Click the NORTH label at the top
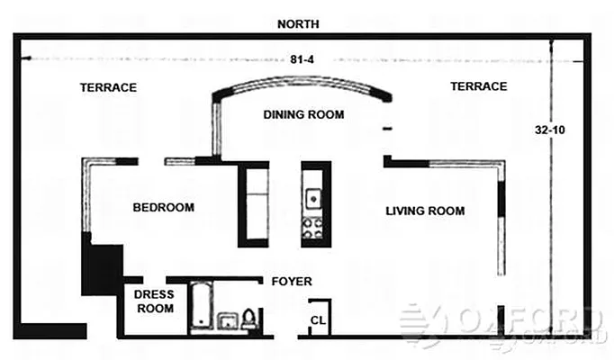[298, 24]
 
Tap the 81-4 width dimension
[302, 60]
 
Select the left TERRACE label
[108, 87]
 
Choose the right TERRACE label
[478, 86]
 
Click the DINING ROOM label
[303, 114]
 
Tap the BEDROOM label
[163, 208]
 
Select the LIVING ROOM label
[425, 211]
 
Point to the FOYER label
[291, 282]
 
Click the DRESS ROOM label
[153, 301]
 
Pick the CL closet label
[317, 320]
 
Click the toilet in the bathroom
[250, 319]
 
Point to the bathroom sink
[228, 322]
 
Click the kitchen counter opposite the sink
[253, 204]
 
